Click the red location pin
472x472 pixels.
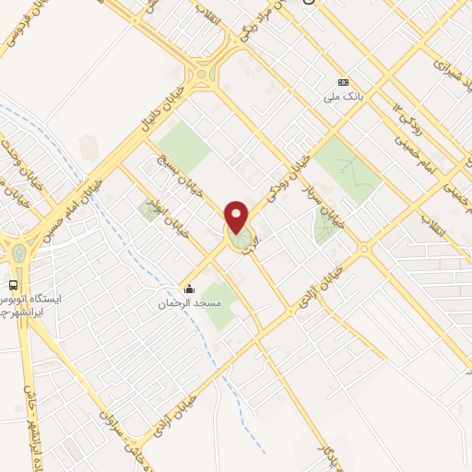click(237, 217)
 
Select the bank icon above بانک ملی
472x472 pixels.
click(344, 81)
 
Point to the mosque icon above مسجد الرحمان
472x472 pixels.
click(190, 289)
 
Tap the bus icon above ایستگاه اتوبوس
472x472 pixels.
click(14, 285)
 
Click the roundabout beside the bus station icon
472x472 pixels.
click(18, 250)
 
